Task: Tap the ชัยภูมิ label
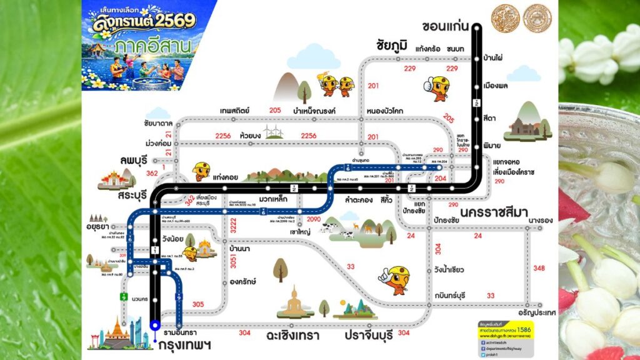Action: [x=392, y=46]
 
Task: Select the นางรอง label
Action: [x=542, y=219]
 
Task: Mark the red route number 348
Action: [x=539, y=268]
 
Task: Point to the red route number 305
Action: [x=198, y=304]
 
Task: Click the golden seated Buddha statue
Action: [x=294, y=301]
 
